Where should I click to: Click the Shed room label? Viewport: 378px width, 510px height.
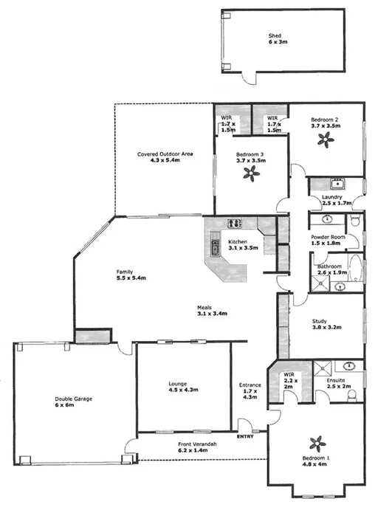coord(275,36)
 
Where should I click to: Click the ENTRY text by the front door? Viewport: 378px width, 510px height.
coord(244,436)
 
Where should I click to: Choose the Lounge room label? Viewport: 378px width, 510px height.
coord(177,384)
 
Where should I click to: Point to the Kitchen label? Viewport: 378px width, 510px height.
coord(237,242)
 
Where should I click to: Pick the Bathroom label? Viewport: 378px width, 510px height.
coord(329,266)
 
